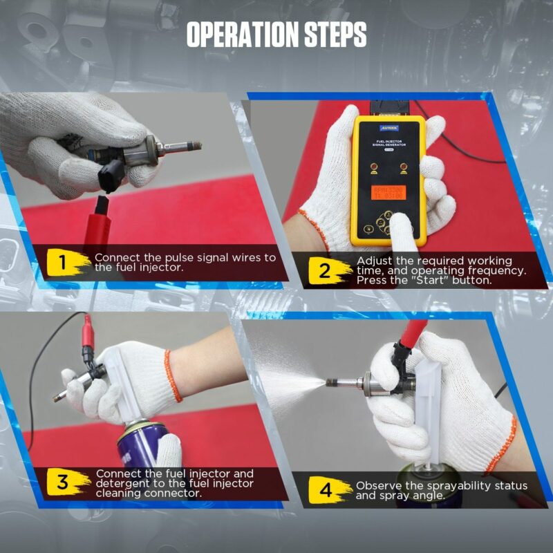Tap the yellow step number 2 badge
pos(324,270)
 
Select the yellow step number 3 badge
pos(63,482)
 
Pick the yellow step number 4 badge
pos(326,490)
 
